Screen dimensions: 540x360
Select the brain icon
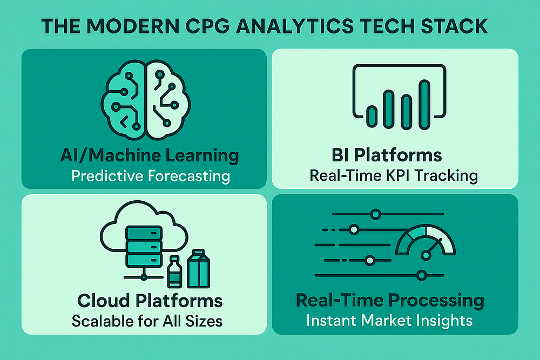146,100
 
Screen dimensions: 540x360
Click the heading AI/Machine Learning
150,155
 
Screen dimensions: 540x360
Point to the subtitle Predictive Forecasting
151,176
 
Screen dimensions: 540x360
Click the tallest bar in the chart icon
424,105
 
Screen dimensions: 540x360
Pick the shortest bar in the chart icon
372,117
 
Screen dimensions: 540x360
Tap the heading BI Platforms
387,155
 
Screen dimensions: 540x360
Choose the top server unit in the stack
144,233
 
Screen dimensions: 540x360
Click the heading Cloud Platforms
150,301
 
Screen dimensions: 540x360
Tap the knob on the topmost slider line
376,214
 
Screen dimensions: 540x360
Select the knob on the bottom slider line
422,275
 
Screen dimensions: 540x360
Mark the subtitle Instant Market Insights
389,321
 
